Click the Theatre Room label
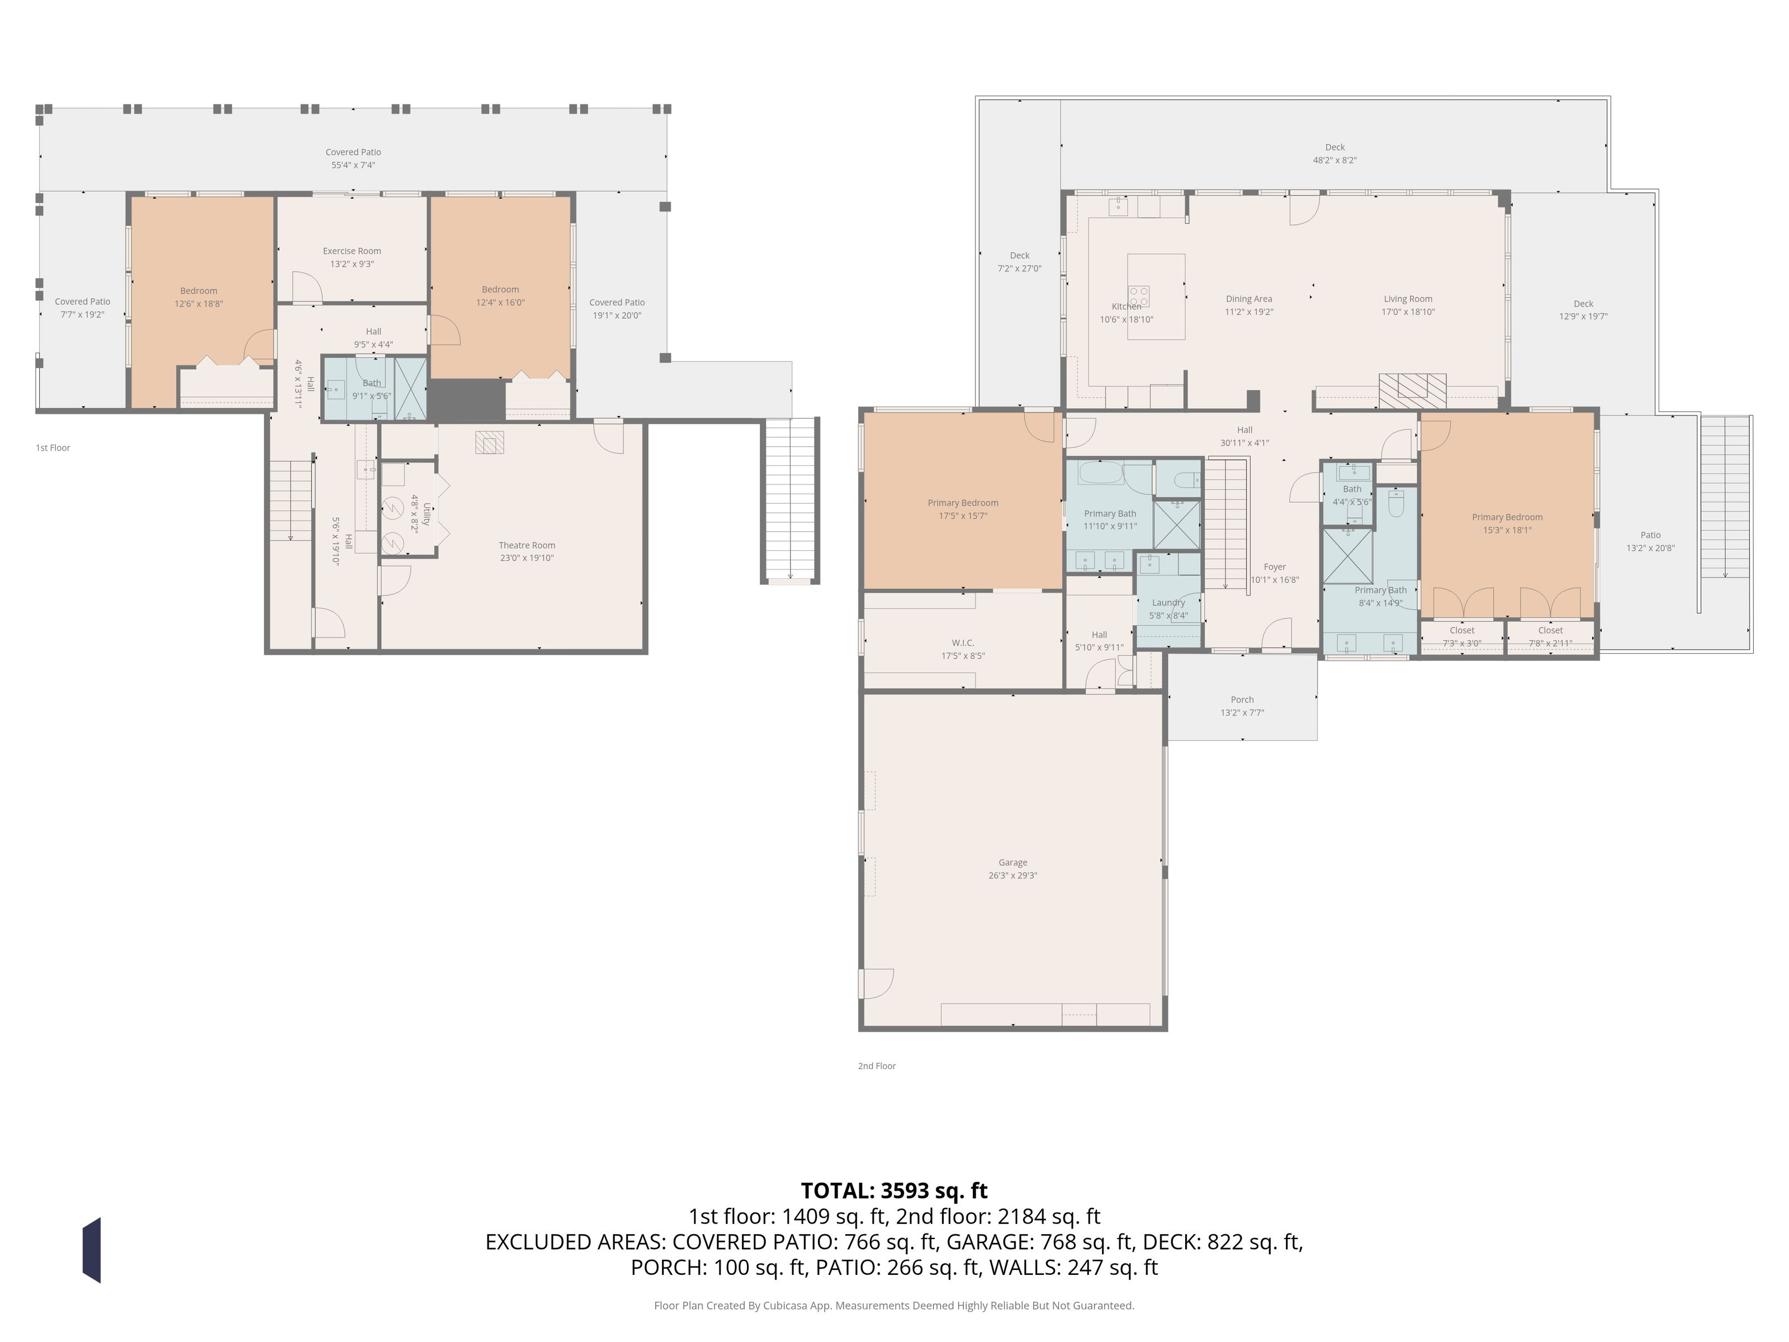coord(527,545)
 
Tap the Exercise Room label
coord(352,251)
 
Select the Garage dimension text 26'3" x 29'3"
coord(1012,875)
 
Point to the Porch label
coord(1242,700)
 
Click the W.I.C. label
coord(963,643)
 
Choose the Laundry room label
coord(1168,603)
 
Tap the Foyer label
coord(1275,567)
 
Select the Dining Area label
coord(1249,299)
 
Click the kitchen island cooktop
coord(1139,295)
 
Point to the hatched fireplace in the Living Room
coord(1412,391)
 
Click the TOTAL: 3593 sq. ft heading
coord(894,1190)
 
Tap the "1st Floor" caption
coord(53,447)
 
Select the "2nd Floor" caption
coord(877,1066)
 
